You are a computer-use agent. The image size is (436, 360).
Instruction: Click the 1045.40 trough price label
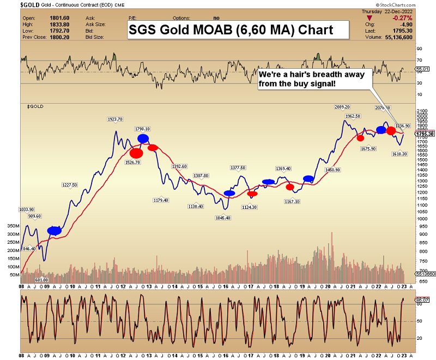223,218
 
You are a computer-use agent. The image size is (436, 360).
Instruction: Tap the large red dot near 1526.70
136,153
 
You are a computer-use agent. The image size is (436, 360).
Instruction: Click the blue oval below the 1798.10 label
143,139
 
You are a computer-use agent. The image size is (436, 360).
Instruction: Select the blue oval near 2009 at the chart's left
55,231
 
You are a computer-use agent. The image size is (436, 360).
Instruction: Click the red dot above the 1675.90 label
360,138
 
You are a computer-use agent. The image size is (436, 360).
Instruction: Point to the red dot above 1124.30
252,194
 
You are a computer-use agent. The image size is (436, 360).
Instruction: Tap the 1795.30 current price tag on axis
425,134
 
